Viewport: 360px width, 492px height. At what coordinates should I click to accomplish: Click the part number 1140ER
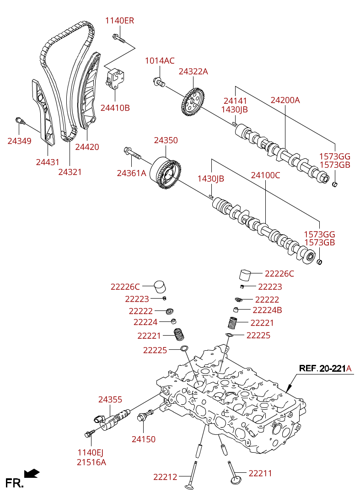[x=119, y=21]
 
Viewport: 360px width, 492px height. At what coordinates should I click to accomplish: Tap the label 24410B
[x=115, y=108]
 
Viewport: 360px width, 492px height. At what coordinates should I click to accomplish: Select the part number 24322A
[x=193, y=71]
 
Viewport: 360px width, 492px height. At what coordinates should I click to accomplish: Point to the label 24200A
[x=285, y=100]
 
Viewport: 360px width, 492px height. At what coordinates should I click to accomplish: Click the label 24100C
[x=265, y=175]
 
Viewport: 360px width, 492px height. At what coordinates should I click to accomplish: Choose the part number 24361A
[x=131, y=173]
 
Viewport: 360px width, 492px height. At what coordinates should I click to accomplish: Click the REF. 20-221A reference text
[x=325, y=369]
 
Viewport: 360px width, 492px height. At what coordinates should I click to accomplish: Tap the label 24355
[x=110, y=400]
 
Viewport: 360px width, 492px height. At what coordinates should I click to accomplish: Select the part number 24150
[x=144, y=439]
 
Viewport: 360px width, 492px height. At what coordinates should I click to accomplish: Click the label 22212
[x=165, y=477]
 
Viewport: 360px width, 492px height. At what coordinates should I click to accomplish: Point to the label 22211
[x=260, y=473]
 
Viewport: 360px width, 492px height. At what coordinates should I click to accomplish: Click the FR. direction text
[x=14, y=483]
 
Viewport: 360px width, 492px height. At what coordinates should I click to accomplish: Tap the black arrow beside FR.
[x=32, y=473]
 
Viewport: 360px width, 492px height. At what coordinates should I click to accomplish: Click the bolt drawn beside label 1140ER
[x=118, y=37]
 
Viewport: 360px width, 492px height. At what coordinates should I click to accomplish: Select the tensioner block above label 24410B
[x=115, y=77]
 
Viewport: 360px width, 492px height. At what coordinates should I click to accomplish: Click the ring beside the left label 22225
[x=184, y=350]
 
